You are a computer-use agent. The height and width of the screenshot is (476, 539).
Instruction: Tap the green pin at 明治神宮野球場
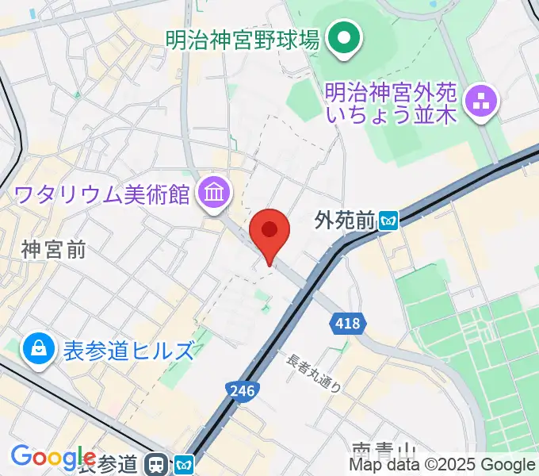coord(345,39)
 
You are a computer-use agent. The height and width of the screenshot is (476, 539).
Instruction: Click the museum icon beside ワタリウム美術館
coord(215,191)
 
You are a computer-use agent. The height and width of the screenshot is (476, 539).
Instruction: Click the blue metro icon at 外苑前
coord(388,220)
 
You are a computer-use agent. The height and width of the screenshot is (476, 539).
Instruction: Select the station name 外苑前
coord(344,220)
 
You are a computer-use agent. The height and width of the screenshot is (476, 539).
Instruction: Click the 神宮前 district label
coord(54,251)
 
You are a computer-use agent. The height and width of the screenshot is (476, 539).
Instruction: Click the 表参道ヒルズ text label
coord(128,350)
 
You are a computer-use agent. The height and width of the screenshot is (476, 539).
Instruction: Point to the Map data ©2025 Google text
coord(442,465)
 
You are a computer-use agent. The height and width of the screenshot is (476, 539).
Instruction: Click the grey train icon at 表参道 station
coord(159,463)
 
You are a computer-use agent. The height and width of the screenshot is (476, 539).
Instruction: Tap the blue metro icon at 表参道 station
coord(184,464)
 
